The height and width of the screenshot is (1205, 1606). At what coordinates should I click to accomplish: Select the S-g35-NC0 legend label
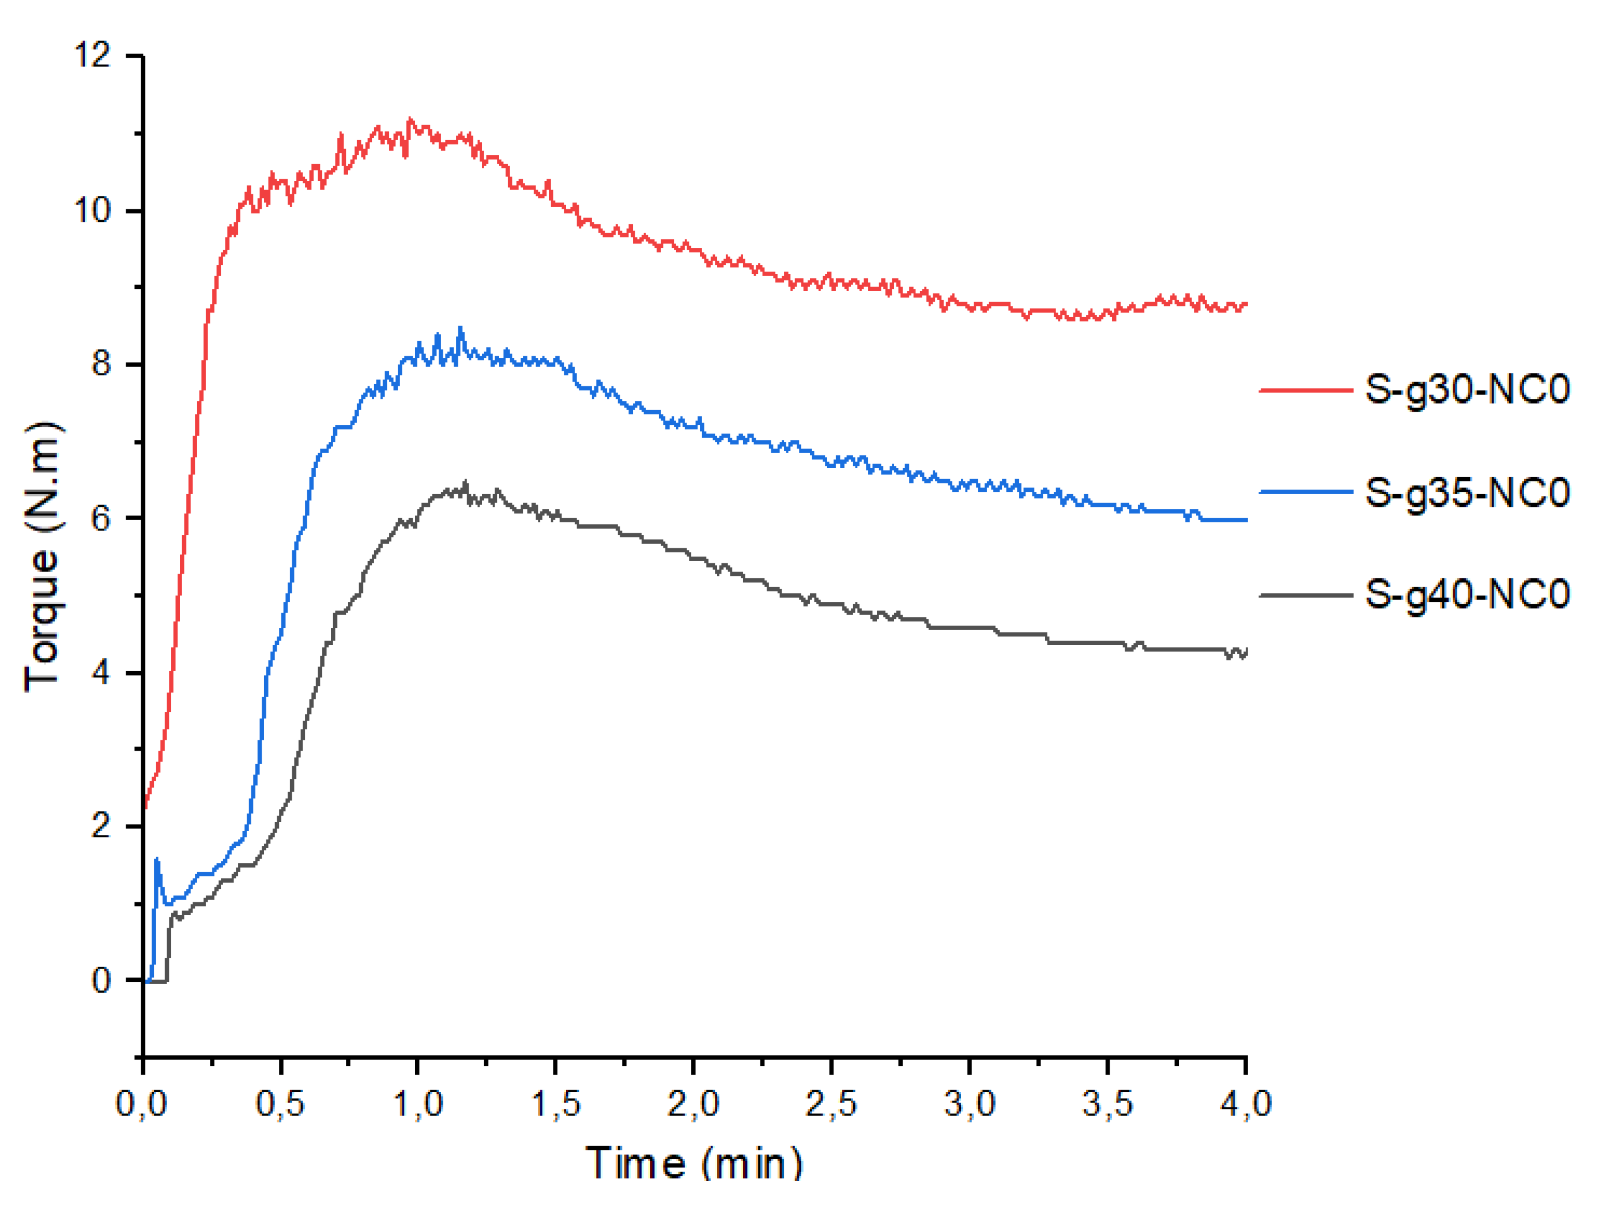pos(1466,493)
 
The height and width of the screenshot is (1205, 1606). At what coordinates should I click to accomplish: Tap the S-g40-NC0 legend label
pos(1466,595)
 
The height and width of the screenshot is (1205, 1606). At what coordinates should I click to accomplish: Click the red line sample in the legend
pos(1306,390)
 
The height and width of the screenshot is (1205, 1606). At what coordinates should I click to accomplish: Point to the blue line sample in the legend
pos(1306,492)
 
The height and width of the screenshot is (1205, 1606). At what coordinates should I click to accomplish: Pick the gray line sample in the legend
pos(1306,596)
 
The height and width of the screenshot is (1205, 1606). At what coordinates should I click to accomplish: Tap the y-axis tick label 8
pos(101,364)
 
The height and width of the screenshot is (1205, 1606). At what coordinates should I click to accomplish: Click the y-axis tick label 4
pos(101,673)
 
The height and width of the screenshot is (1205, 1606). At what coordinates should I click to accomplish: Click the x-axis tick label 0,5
pos(280,1104)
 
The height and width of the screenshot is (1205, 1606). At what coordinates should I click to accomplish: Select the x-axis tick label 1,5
pos(556,1104)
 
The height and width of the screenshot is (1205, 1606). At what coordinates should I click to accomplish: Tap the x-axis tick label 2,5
pos(831,1104)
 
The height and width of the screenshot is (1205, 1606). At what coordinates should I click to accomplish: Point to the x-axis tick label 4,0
pos(1246,1104)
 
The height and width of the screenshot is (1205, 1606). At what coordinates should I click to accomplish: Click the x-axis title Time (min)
pos(694,1163)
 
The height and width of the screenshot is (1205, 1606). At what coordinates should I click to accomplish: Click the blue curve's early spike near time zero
pos(157,861)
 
